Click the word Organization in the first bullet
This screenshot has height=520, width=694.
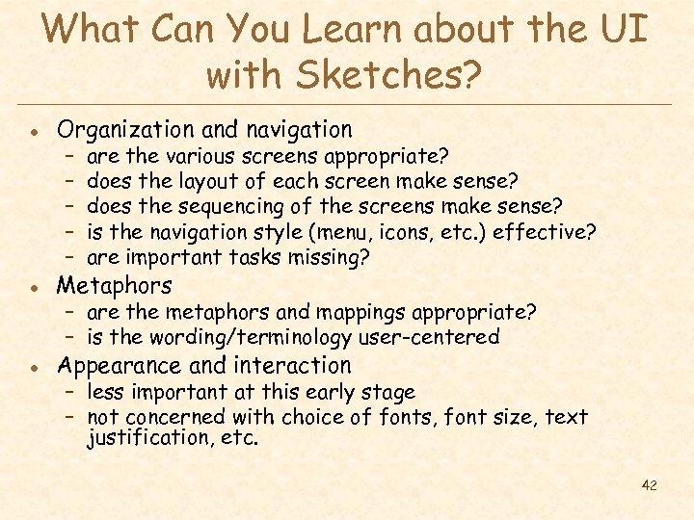[120, 129]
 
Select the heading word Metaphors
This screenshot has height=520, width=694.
[114, 285]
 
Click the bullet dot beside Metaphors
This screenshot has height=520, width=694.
[34, 287]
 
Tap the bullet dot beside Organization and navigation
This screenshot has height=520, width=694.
[34, 131]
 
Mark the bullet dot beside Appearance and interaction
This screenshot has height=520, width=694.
[34, 367]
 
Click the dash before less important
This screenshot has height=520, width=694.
[71, 392]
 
